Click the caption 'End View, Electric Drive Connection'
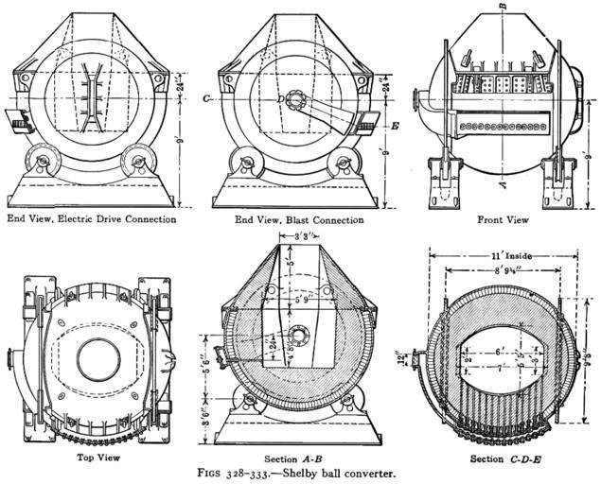pyautogui.click(x=91, y=219)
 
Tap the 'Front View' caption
pyautogui.click(x=503, y=220)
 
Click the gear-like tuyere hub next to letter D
pyautogui.click(x=293, y=98)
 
